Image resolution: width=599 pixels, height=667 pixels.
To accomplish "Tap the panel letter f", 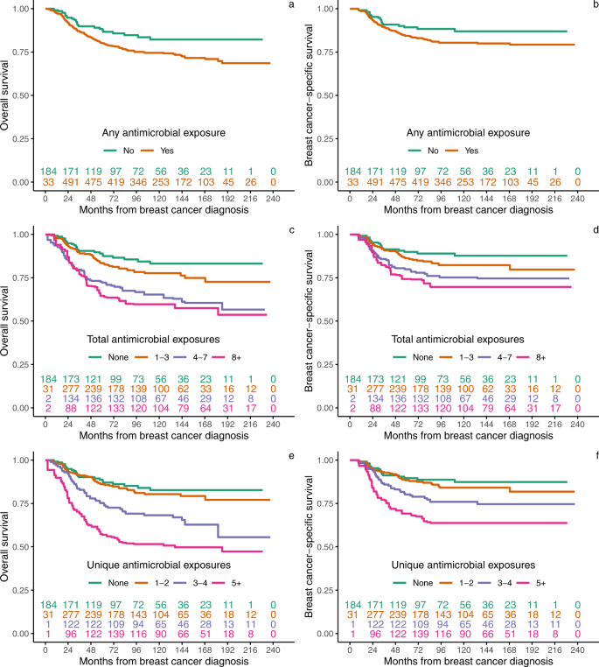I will (593, 457).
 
